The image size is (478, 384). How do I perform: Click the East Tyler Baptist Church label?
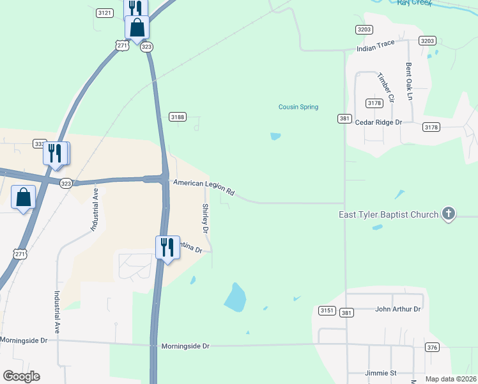coord(389,214)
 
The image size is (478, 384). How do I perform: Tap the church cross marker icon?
coord(449,214)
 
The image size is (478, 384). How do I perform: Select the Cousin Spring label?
coord(298,107)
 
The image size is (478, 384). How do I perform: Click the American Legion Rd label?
coord(204,187)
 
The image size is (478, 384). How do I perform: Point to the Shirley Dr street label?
coord(206,218)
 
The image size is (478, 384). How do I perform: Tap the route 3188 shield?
coord(177,116)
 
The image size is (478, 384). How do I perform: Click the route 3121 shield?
coord(105,13)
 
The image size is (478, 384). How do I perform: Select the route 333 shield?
coord(39,145)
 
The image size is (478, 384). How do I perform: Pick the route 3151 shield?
coord(327,310)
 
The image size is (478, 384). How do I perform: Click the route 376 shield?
coord(433,347)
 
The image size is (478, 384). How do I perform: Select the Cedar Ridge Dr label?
coord(378,122)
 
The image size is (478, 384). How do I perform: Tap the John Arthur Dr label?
coord(397,308)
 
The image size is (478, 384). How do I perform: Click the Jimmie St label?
coord(380,372)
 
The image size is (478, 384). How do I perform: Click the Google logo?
coord(21,376)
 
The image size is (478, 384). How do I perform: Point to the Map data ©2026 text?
coord(451,379)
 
